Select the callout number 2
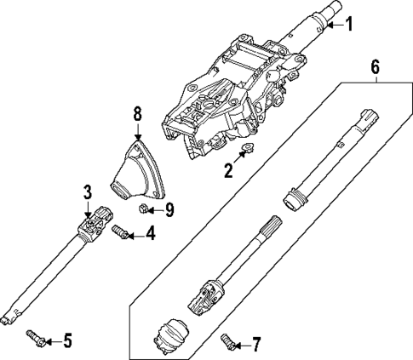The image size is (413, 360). (227, 171)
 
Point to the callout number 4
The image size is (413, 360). (151, 232)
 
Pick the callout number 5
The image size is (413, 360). (68, 341)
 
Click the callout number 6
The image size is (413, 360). (375, 64)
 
